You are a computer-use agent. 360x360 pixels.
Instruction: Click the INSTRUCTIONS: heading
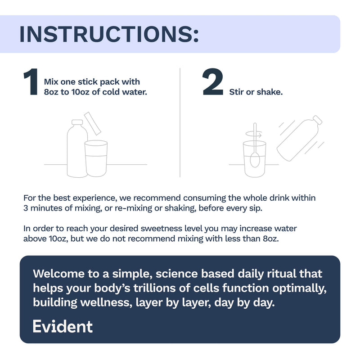(109, 34)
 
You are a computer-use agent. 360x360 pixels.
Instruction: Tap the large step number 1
(31, 81)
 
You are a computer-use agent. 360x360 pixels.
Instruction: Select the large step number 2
(213, 81)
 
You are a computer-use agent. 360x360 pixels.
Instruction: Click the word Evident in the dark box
(63, 326)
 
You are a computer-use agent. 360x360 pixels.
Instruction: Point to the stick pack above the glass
(93, 123)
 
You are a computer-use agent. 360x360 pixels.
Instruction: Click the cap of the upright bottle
(77, 122)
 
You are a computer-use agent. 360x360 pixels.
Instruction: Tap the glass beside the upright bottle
(96, 158)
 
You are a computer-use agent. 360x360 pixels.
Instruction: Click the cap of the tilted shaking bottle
(318, 120)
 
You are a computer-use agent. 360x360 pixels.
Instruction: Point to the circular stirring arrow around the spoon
(254, 134)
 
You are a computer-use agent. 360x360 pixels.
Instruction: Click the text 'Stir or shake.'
(256, 92)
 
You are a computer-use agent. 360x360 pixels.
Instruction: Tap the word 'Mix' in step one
(51, 82)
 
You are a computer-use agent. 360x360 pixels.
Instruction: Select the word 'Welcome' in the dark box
(58, 274)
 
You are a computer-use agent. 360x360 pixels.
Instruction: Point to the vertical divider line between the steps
(180, 122)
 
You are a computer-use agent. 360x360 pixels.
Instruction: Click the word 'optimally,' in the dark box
(299, 288)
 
